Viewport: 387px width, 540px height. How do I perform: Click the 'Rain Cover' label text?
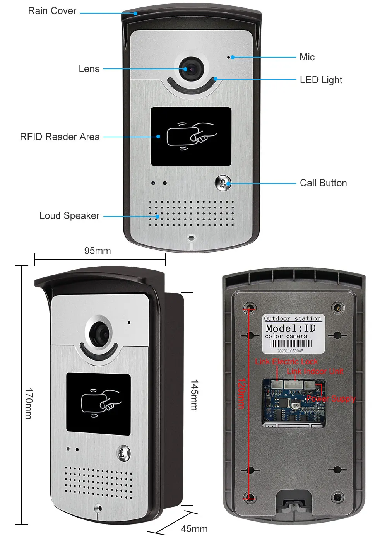pyautogui.click(x=52, y=11)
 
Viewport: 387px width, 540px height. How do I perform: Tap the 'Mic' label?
pyautogui.click(x=307, y=57)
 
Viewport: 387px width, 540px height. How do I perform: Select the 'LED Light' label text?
pyautogui.click(x=321, y=80)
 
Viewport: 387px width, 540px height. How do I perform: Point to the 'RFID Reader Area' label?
pyautogui.click(x=60, y=137)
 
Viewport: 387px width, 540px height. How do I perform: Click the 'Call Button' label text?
pyautogui.click(x=323, y=183)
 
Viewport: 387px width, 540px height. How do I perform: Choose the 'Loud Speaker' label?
pyautogui.click(x=69, y=216)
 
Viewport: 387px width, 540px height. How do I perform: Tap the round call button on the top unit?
pyautogui.click(x=223, y=183)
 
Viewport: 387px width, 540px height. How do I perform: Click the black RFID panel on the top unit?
pyautogui.click(x=191, y=137)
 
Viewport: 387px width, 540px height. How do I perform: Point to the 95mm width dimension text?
pyautogui.click(x=98, y=251)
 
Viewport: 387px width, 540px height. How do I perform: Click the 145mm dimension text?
pyautogui.click(x=194, y=395)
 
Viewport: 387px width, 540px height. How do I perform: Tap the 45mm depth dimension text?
pyautogui.click(x=194, y=529)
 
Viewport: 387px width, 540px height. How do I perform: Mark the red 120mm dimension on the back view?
pyautogui.click(x=241, y=394)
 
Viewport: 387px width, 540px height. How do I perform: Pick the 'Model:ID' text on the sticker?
pyautogui.click(x=291, y=328)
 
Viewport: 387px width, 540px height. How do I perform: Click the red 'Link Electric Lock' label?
pyautogui.click(x=286, y=362)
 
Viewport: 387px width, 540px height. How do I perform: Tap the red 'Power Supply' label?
pyautogui.click(x=330, y=398)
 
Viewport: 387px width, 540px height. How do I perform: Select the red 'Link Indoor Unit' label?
pyautogui.click(x=315, y=371)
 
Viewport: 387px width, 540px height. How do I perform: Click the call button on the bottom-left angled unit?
pyautogui.click(x=123, y=453)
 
